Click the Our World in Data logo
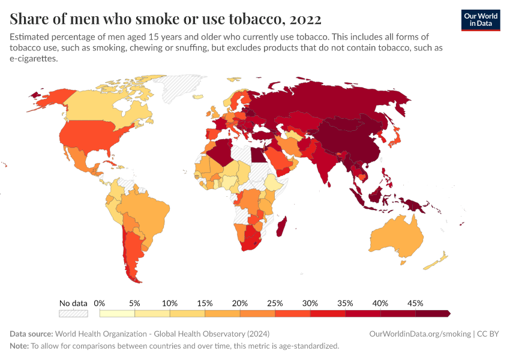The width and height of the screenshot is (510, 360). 480,19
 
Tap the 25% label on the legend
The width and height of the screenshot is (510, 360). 275,303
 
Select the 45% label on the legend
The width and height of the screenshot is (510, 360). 415,303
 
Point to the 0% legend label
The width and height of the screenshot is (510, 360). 100,303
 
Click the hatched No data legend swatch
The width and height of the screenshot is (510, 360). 73,313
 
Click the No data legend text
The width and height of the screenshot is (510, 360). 73,303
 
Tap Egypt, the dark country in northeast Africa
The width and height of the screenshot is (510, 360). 257,155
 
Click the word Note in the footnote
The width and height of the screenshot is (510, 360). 19,346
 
